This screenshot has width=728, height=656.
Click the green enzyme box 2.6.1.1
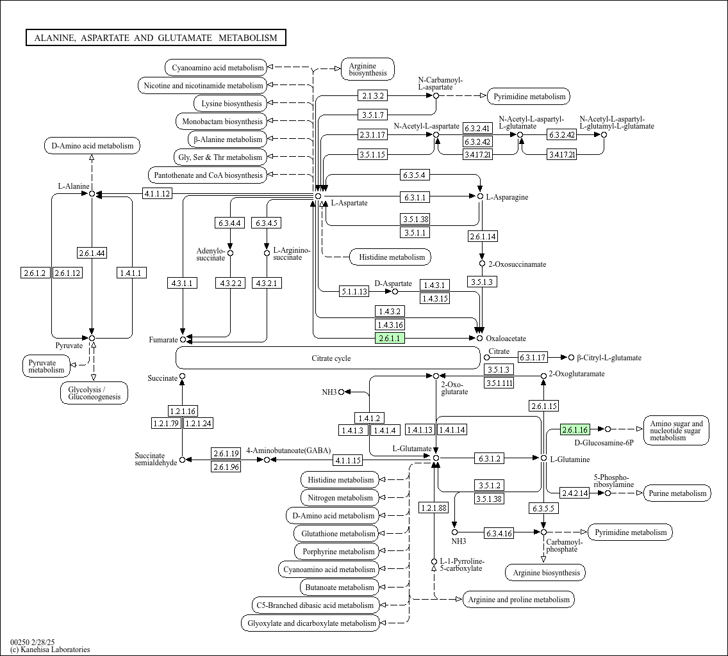click(x=390, y=338)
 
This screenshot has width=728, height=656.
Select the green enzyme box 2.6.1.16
click(x=575, y=429)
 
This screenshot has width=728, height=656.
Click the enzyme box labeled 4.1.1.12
click(x=157, y=194)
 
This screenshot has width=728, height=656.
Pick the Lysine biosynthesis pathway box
click(x=231, y=104)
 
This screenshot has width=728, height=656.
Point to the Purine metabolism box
click(x=677, y=493)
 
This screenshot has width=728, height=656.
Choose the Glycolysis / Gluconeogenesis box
click(x=94, y=393)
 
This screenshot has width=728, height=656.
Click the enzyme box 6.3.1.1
click(x=415, y=197)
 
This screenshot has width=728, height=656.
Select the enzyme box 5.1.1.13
click(x=354, y=292)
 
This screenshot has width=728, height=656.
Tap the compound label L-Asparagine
click(x=507, y=197)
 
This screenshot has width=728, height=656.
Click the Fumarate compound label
click(x=163, y=340)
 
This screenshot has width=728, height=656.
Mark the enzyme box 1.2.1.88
click(x=433, y=508)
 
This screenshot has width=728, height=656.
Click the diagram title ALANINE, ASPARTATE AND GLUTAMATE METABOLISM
click(x=156, y=38)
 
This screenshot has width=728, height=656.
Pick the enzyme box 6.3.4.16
click(x=499, y=533)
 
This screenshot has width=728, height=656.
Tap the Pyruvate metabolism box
click(x=46, y=367)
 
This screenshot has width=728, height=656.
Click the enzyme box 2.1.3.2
click(x=373, y=96)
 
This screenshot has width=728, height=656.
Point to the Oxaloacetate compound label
click(x=506, y=339)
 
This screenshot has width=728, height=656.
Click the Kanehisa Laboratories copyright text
click(x=50, y=650)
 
